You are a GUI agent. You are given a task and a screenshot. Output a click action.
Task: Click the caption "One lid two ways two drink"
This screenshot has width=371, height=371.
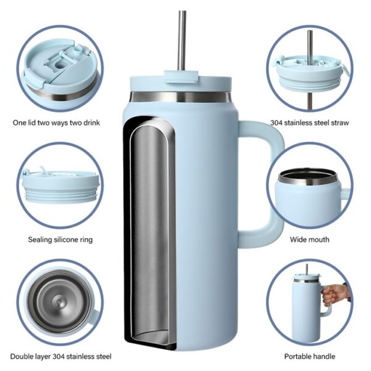pos(56,123)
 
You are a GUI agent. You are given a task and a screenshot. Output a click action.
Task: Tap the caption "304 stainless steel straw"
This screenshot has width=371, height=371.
pos(310,123)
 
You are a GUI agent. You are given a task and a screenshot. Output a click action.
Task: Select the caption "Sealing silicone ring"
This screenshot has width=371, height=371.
pos(61,239)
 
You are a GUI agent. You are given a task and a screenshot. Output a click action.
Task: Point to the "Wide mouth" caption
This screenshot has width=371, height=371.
pos(310,239)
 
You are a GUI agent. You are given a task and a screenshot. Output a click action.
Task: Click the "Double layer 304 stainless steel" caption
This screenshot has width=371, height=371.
pos(61,356)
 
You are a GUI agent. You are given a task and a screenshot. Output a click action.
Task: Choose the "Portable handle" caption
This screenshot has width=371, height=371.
pos(310,356)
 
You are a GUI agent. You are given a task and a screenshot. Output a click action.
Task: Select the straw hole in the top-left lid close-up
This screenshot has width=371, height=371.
pos(61,64)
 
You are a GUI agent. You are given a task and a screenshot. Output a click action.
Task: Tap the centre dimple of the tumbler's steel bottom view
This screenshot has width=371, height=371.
pos(59,302)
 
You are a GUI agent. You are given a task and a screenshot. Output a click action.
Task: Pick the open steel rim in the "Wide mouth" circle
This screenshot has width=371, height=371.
pos(309,177)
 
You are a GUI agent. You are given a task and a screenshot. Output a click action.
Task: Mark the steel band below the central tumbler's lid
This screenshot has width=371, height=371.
pos(181,97)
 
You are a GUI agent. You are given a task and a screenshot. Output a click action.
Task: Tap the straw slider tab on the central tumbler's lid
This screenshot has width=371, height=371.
pos(181,76)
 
